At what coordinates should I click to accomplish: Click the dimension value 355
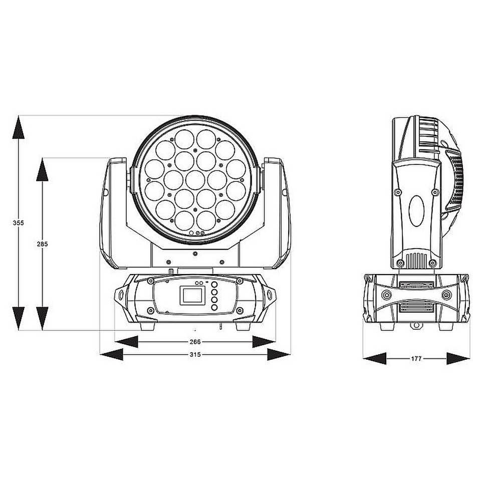(x=19, y=223)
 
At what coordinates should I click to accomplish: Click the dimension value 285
(x=42, y=244)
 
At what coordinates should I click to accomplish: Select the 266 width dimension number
(x=195, y=342)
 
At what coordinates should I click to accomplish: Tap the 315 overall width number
(x=195, y=355)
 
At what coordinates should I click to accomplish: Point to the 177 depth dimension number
(x=416, y=358)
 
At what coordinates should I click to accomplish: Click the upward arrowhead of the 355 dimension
(x=19, y=127)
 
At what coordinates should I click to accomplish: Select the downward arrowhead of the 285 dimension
(x=42, y=319)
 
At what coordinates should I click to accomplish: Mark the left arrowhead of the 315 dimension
(x=112, y=355)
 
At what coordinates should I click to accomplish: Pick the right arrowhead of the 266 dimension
(x=264, y=342)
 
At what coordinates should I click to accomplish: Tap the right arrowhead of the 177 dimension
(x=458, y=358)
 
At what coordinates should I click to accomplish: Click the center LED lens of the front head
(x=195, y=180)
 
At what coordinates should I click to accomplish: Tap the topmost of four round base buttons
(x=214, y=285)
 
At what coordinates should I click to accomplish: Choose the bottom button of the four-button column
(x=214, y=307)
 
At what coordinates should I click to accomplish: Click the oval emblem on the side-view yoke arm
(x=416, y=211)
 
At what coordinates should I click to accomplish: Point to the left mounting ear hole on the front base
(x=121, y=295)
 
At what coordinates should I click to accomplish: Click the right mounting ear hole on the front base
(x=270, y=295)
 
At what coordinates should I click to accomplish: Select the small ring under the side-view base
(x=416, y=325)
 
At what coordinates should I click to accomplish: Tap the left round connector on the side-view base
(x=387, y=295)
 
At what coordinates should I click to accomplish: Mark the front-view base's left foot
(x=147, y=326)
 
